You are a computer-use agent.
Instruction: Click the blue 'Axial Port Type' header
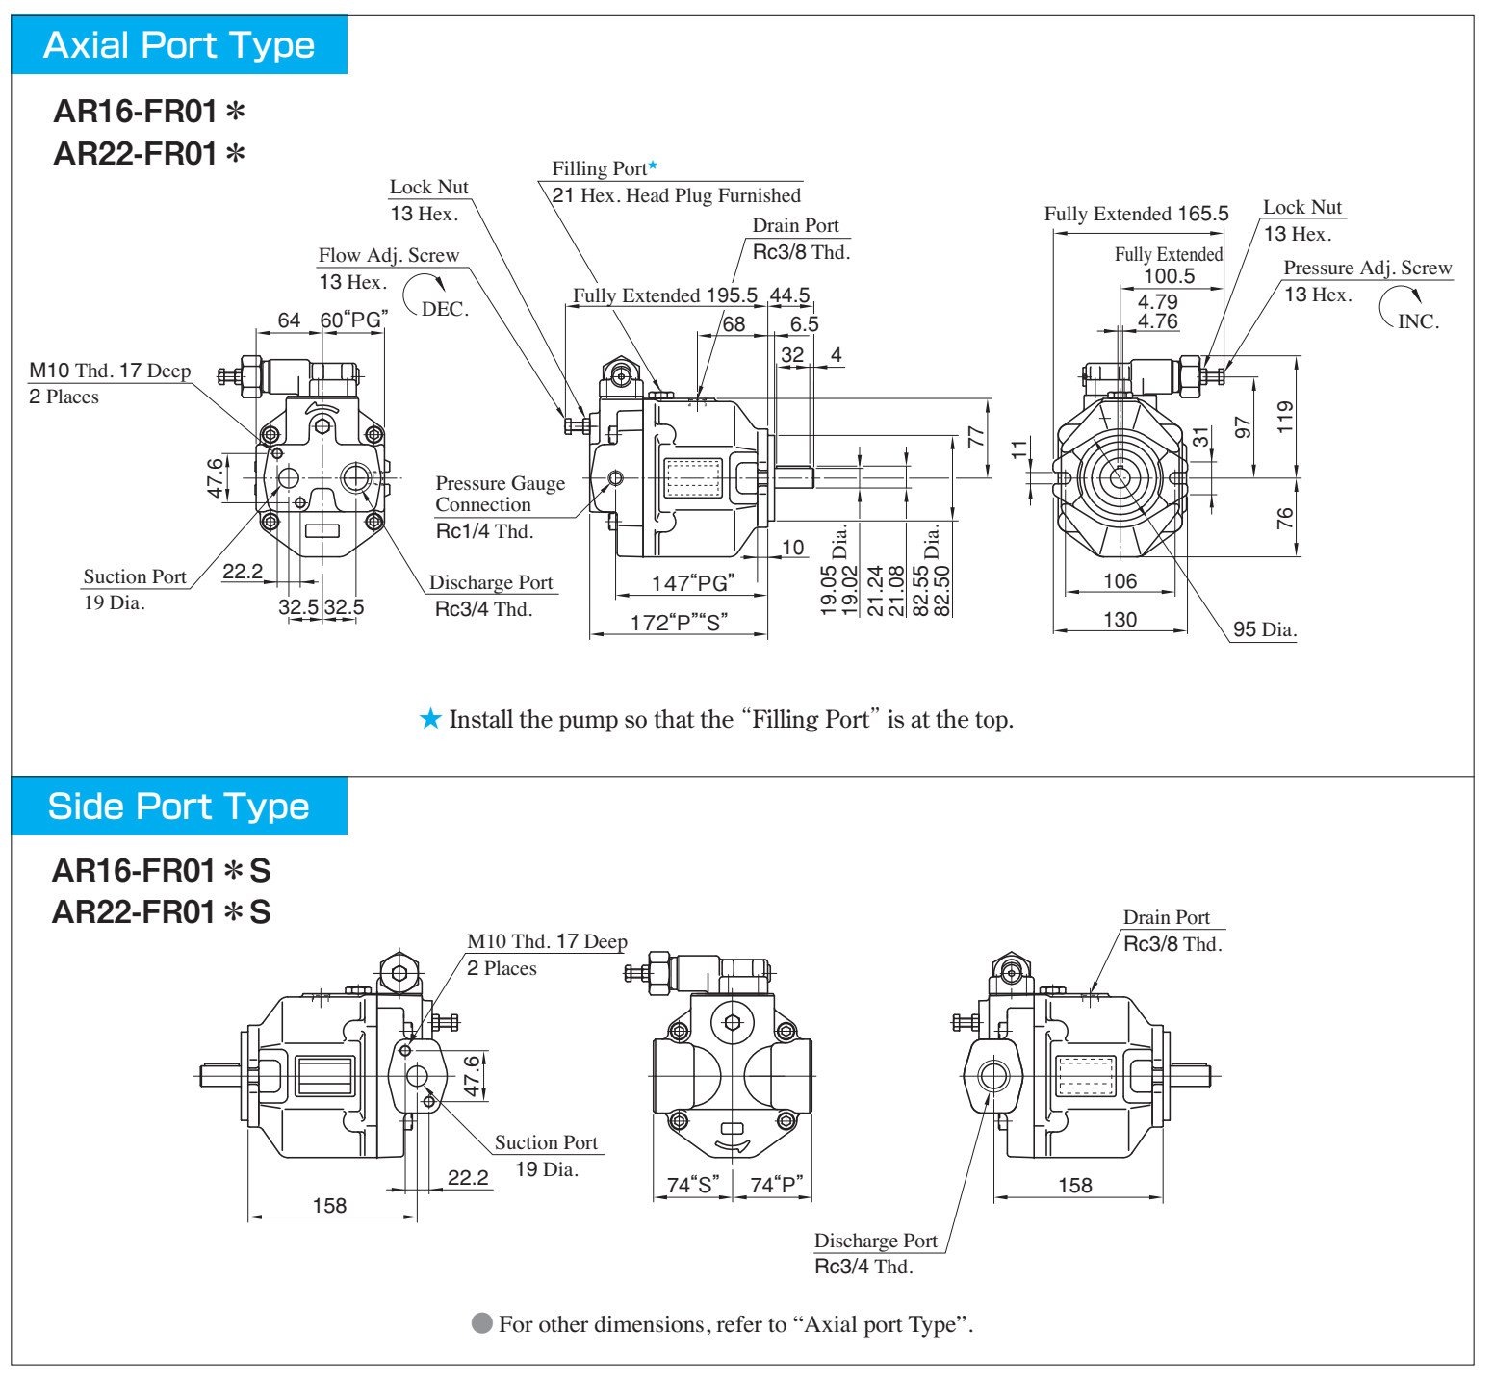(x=179, y=45)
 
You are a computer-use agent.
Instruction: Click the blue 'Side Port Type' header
(x=179, y=807)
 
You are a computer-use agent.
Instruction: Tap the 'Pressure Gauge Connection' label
(x=500, y=494)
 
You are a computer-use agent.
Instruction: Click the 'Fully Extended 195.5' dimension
(x=665, y=295)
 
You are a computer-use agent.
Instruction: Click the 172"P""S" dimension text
(x=679, y=623)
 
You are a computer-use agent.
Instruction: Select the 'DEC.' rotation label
(x=445, y=309)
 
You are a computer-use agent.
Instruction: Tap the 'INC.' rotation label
(x=1418, y=321)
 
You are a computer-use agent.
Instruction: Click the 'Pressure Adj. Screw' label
(x=1368, y=268)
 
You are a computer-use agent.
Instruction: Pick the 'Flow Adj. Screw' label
(x=389, y=255)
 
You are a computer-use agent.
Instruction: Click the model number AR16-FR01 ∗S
(x=162, y=870)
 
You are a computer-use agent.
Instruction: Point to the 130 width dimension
(x=1120, y=620)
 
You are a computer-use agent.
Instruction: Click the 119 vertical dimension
(x=1285, y=418)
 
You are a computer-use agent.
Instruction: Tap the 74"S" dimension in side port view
(x=693, y=1185)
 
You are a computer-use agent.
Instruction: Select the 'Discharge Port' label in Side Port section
(x=876, y=1241)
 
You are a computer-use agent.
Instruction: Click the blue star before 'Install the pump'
(x=430, y=719)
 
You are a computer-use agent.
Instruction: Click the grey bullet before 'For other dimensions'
(x=482, y=1323)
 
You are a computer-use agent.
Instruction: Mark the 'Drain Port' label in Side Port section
(x=1167, y=917)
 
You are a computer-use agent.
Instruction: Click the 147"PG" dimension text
(x=693, y=583)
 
